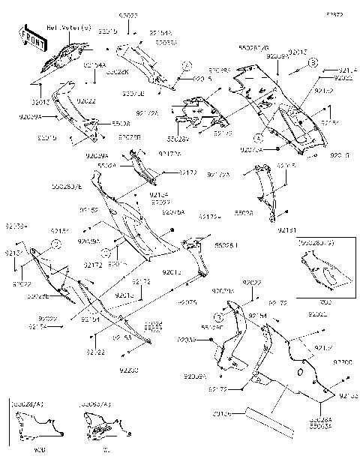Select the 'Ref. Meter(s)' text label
coord(70,28)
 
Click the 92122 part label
coord(95,351)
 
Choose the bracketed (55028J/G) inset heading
coord(315,244)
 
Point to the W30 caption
coord(31,451)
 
